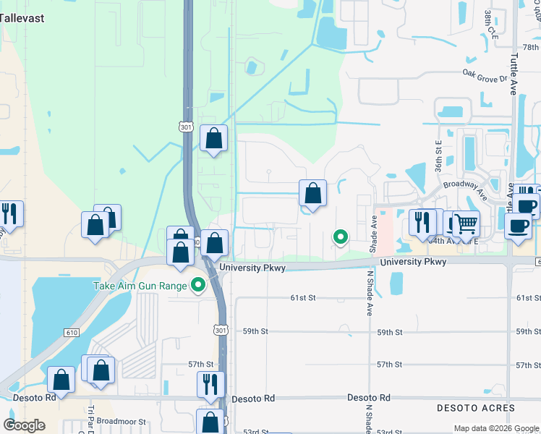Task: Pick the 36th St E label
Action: coord(438,156)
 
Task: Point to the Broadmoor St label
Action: coord(122,421)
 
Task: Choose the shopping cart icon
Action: coord(467,224)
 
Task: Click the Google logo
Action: coord(25,425)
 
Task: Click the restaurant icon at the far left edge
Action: coord(9,214)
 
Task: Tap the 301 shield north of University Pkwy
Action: coord(187,127)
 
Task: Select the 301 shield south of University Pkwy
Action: coord(221,330)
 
